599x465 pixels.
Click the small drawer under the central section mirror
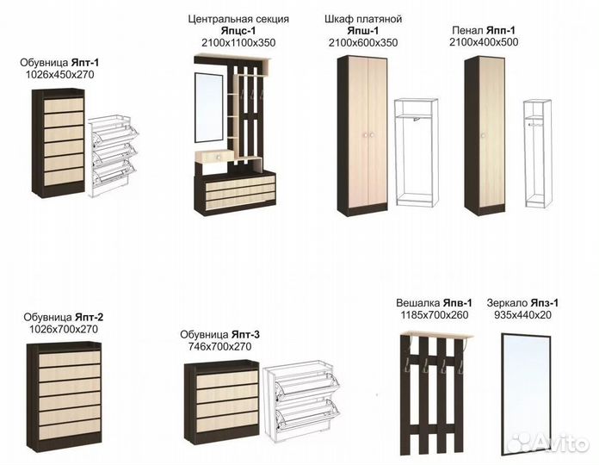[x=212, y=156]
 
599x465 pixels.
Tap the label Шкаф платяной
[x=364, y=19]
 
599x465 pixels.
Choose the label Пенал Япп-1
[x=484, y=30]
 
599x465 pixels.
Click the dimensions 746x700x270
[x=220, y=346]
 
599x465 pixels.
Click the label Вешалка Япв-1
[x=434, y=303]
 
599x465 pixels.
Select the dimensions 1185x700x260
[x=434, y=315]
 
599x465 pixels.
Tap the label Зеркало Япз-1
[x=523, y=303]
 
